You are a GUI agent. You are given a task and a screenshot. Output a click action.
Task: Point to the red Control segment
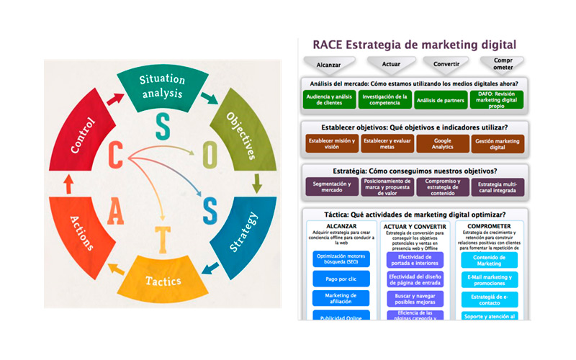83,134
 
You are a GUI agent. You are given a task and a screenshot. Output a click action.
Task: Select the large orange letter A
115,211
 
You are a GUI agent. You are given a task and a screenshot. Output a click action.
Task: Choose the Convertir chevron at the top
444,64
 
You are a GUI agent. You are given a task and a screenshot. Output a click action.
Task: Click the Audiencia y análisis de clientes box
330,99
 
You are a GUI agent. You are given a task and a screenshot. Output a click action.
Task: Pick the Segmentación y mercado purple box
330,187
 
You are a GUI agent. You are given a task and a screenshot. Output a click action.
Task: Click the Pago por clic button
341,277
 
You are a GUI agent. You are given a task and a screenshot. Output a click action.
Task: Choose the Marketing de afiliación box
341,298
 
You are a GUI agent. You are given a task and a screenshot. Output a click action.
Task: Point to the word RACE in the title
328,45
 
